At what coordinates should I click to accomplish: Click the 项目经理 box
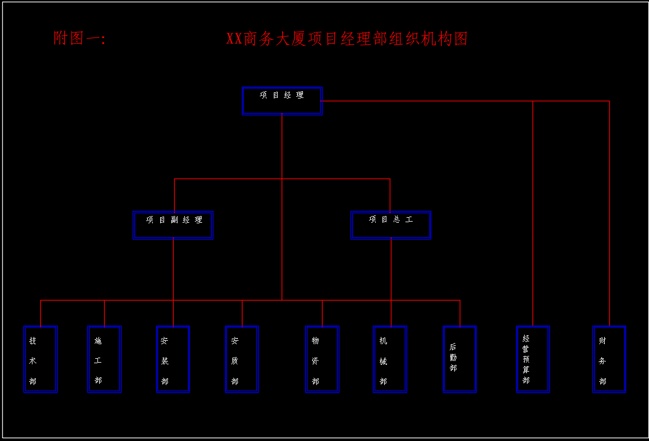pyautogui.click(x=282, y=101)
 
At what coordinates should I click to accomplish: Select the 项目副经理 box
pyautogui.click(x=173, y=225)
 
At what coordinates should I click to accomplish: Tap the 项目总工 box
pyautogui.click(x=391, y=225)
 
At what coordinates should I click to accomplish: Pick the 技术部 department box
pyautogui.click(x=40, y=359)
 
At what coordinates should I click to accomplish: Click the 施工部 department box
pyautogui.click(x=104, y=359)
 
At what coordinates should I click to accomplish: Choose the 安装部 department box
pyautogui.click(x=173, y=359)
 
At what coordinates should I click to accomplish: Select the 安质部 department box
pyautogui.click(x=242, y=359)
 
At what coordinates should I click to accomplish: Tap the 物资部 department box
pyautogui.click(x=322, y=359)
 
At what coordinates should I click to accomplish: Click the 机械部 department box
pyautogui.click(x=390, y=359)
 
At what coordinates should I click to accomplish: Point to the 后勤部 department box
pyautogui.click(x=460, y=359)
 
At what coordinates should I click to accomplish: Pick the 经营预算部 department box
pyautogui.click(x=533, y=359)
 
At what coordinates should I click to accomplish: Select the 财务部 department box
pyautogui.click(x=609, y=359)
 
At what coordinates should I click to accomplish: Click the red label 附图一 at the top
pyautogui.click(x=79, y=39)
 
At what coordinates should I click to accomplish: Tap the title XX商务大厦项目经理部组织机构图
pyautogui.click(x=347, y=39)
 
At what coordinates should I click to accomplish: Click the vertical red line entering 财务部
pyautogui.click(x=609, y=213)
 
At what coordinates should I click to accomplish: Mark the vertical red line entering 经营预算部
pyautogui.click(x=533, y=213)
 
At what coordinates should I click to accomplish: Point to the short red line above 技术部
pyautogui.click(x=40, y=313)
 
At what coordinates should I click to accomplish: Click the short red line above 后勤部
pyautogui.click(x=460, y=313)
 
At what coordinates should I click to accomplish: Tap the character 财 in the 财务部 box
pyautogui.click(x=603, y=341)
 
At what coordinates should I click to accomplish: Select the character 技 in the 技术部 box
pyautogui.click(x=33, y=341)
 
